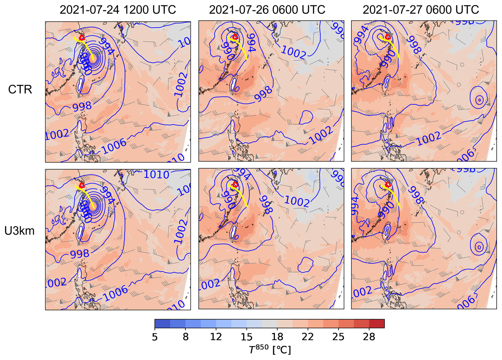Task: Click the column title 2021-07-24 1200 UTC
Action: point(118,10)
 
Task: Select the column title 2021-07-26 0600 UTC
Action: point(267,10)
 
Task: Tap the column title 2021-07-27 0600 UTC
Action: point(421,10)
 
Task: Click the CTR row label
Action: point(20,90)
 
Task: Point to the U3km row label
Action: point(19,231)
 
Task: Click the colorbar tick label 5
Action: point(155,337)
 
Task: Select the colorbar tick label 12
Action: point(216,337)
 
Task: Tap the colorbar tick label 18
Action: point(277,337)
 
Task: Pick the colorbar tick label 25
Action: point(338,337)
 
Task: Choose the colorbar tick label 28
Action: point(369,337)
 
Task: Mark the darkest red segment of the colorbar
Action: point(377,324)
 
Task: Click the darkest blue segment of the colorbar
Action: point(162,324)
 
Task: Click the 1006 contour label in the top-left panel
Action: point(115,146)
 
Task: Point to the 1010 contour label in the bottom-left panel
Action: point(156,175)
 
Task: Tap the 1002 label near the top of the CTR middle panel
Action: point(294,52)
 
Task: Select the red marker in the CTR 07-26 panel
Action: point(235,37)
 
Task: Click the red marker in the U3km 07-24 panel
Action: point(82,185)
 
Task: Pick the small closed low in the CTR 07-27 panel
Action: point(479,100)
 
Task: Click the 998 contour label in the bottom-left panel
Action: point(80,254)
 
